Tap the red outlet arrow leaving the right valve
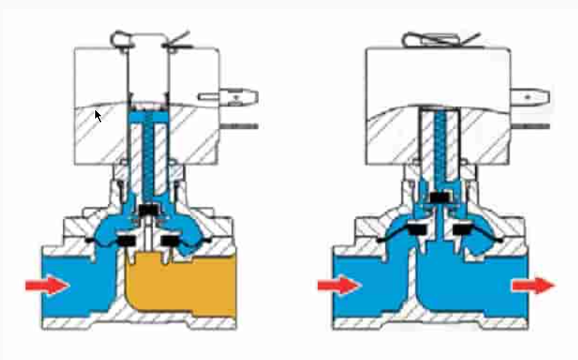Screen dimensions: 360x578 pyautogui.click(x=533, y=285)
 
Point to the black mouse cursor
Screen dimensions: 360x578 pyautogui.click(x=97, y=115)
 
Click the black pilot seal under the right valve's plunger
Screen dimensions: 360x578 pyautogui.click(x=442, y=197)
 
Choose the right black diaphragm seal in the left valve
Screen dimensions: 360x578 pyautogui.click(x=173, y=241)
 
